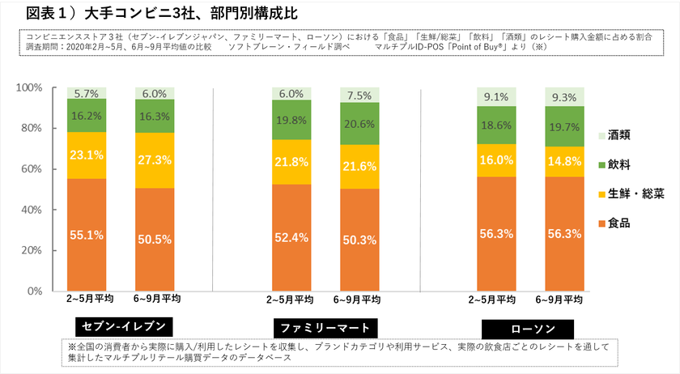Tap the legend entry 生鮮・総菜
point(634,194)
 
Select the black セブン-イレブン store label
point(123,326)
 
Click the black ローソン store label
point(528,329)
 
